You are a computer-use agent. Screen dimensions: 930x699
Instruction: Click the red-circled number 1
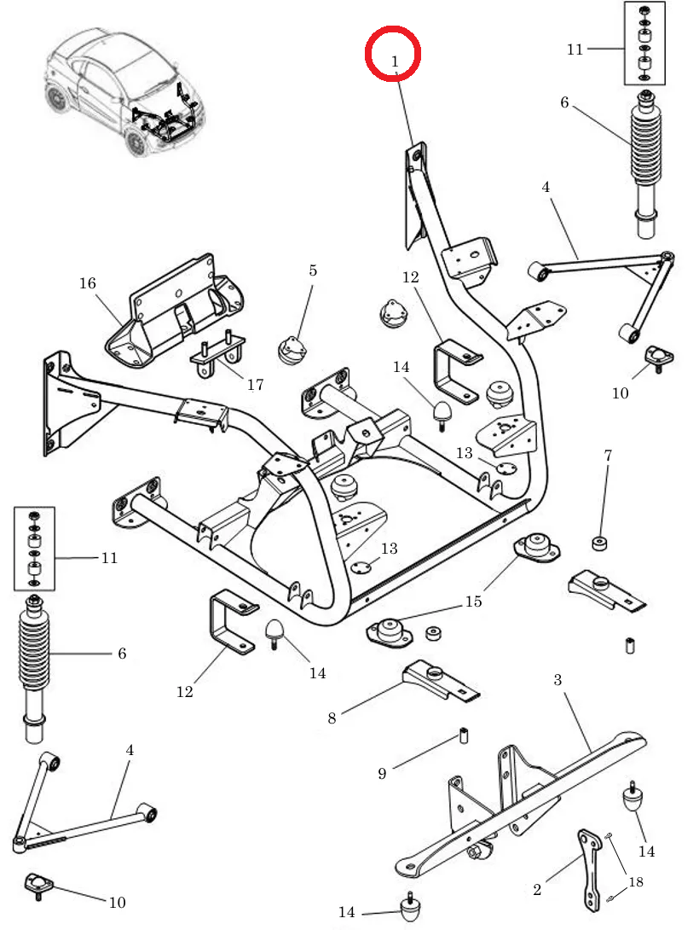394,61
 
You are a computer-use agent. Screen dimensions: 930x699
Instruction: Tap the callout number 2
536,890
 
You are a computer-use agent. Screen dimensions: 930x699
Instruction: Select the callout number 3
557,680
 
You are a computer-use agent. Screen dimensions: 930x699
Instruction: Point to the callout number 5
313,270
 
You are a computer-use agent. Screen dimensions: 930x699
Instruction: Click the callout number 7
608,456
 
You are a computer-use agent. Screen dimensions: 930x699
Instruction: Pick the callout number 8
332,718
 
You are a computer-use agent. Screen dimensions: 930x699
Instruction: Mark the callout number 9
382,774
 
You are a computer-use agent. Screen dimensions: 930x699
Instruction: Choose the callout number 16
88,283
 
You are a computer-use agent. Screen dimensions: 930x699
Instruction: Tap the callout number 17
255,385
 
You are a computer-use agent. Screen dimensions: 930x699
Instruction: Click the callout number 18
635,881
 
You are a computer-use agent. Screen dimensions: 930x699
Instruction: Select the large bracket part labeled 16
175,316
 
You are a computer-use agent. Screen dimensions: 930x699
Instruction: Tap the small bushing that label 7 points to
599,543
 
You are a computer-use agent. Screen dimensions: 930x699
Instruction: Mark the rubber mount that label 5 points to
292,350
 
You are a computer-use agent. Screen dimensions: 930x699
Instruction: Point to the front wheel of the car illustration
136,142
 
